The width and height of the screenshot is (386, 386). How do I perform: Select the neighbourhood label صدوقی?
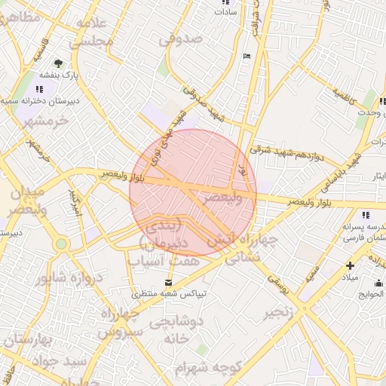182,38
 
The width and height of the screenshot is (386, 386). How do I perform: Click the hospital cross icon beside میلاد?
350,265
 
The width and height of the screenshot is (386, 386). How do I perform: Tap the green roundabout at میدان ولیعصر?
60,244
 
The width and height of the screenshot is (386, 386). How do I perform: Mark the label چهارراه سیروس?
118,322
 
